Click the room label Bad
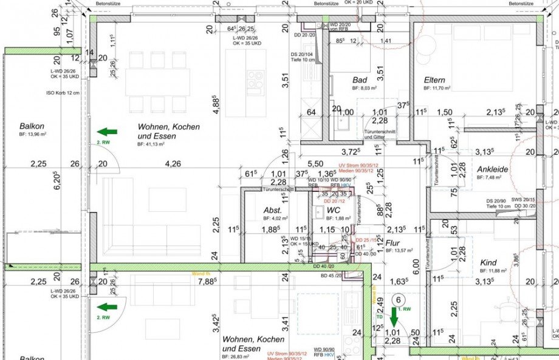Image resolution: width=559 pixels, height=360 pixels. (360, 80)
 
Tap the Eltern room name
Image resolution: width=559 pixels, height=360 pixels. (434, 80)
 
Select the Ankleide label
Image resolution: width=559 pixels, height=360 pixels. (492, 169)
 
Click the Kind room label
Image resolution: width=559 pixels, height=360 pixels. (487, 262)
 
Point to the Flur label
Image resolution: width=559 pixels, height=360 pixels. (393, 242)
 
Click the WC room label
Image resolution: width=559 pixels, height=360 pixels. (333, 211)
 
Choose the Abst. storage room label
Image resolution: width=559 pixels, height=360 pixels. (272, 211)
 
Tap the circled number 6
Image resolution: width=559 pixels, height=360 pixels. (399, 299)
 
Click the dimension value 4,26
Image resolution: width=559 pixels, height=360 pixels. (173, 163)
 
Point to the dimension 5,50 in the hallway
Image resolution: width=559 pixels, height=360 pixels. (315, 164)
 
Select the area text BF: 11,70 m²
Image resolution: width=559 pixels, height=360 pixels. (437, 89)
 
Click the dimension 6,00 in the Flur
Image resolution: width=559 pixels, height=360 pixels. (416, 264)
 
